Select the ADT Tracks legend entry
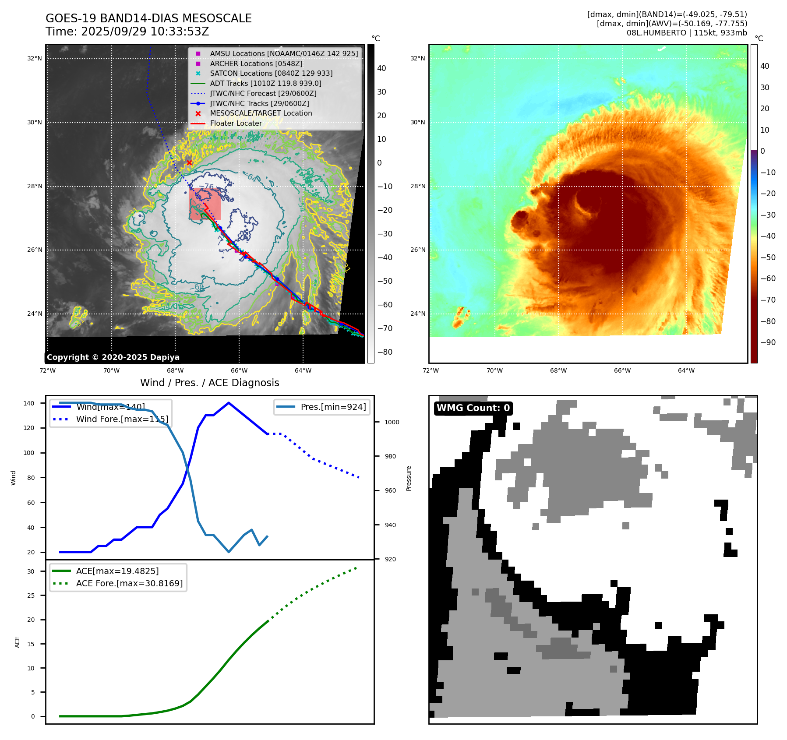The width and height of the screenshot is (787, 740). (265, 83)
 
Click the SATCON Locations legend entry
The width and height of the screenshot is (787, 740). (271, 74)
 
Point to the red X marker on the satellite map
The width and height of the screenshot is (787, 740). (189, 163)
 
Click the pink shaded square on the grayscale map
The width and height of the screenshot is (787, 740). (205, 204)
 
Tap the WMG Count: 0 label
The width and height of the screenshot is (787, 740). (473, 408)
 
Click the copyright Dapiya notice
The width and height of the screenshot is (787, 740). (113, 357)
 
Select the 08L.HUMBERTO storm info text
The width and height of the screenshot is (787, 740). (687, 33)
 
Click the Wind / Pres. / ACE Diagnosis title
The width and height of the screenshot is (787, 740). (209, 383)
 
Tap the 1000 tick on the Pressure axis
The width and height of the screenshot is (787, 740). (392, 422)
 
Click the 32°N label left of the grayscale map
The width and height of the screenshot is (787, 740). (35, 58)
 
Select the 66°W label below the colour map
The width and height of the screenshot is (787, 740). (622, 370)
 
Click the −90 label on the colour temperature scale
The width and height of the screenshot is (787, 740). (768, 342)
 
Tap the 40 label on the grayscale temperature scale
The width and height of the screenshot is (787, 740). (381, 68)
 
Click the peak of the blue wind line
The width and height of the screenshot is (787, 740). (229, 403)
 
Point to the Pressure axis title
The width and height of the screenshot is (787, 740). (409, 478)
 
